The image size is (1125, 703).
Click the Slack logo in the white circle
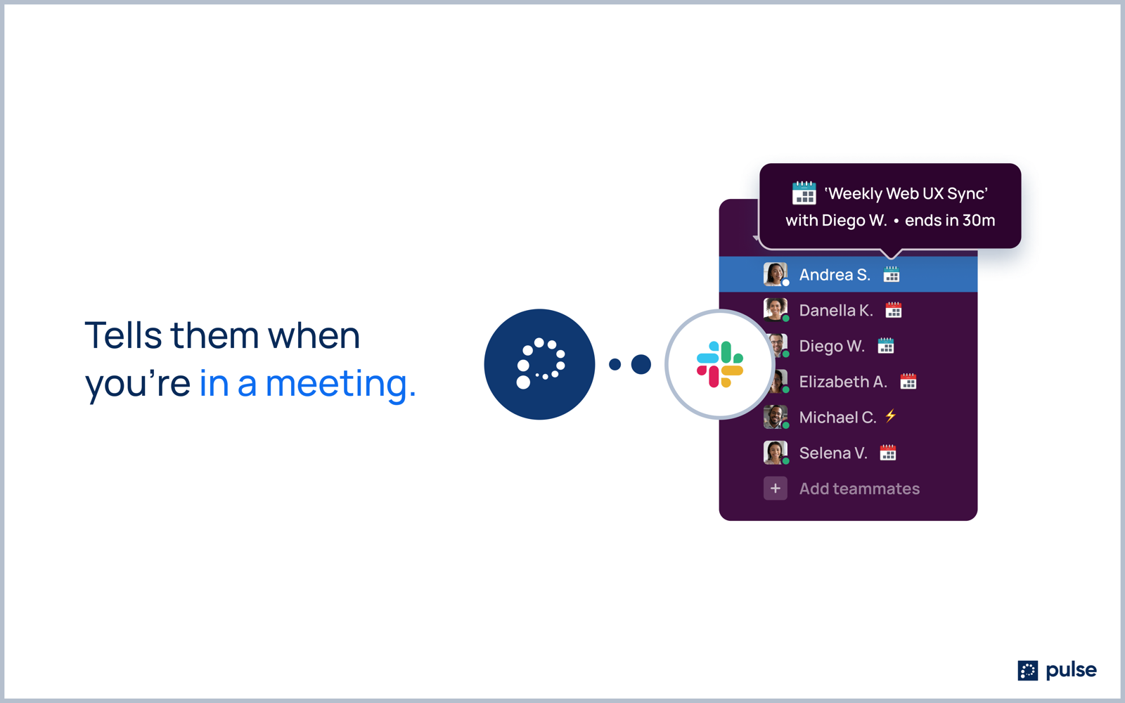[720, 365]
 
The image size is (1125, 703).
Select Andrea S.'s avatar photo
[776, 274]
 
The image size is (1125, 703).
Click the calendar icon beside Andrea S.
[892, 274]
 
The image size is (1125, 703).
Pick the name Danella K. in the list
[836, 310]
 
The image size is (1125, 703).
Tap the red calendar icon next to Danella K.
[894, 310]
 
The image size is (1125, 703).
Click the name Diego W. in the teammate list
[832, 346]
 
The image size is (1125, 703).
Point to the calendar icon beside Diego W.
[886, 345]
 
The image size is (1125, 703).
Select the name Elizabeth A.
[843, 382]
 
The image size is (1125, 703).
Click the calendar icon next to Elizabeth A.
[908, 381]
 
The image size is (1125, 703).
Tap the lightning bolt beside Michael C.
[890, 415]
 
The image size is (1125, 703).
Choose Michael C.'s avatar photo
[776, 417]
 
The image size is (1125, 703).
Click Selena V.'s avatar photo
[776, 453]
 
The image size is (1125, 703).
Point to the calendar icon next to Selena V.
[888, 453]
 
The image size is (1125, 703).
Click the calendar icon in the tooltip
[804, 193]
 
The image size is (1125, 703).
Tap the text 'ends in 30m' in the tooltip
[950, 221]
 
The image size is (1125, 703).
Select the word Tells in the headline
[124, 335]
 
